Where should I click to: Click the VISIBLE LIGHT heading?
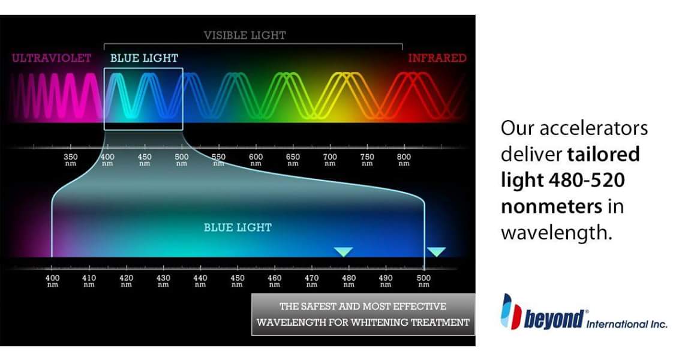tap(245, 35)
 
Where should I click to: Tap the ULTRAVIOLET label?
tap(52, 58)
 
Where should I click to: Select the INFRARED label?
tap(437, 58)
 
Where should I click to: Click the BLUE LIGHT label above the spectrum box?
tap(144, 58)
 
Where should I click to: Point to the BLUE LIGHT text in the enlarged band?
tap(238, 227)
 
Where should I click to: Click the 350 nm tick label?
tap(70, 160)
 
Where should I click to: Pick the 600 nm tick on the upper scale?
tap(256, 160)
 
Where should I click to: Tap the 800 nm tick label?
tap(404, 160)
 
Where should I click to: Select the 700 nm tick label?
tap(330, 160)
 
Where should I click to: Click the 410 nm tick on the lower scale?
tap(89, 280)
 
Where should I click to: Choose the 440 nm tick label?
tap(200, 280)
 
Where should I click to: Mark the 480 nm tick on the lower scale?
tap(348, 280)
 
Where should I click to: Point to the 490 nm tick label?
tap(385, 280)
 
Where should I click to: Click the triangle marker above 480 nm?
tap(343, 251)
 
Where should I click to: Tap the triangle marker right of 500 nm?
tap(436, 251)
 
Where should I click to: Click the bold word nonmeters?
tap(552, 206)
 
